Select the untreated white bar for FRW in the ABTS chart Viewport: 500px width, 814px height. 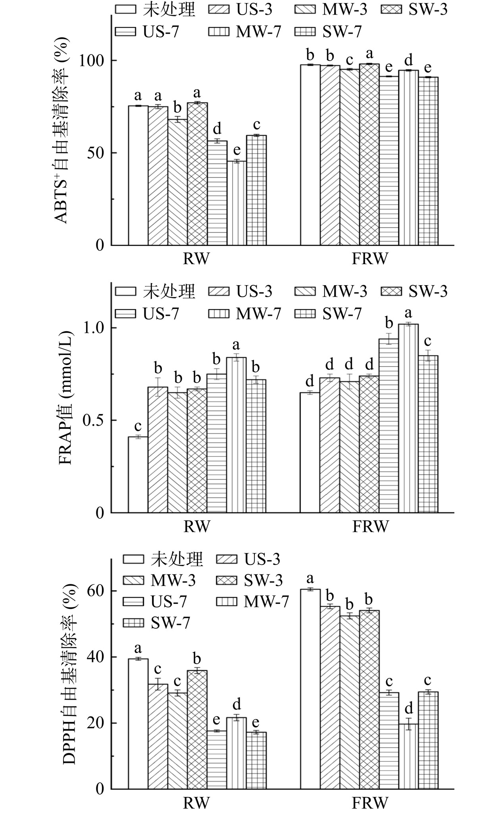coord(310,155)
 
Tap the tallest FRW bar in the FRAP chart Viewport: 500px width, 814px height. coord(408,419)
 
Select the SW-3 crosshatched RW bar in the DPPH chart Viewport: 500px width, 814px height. coord(197,730)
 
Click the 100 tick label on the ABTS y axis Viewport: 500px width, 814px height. coord(93,61)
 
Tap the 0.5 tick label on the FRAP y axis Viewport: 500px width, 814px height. coord(93,420)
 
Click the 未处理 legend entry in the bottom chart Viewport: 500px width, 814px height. coord(163,559)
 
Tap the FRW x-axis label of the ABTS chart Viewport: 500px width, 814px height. coord(369,259)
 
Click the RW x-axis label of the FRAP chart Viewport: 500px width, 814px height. coord(196,527)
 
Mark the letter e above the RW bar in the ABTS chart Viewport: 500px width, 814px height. coord(237,151)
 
